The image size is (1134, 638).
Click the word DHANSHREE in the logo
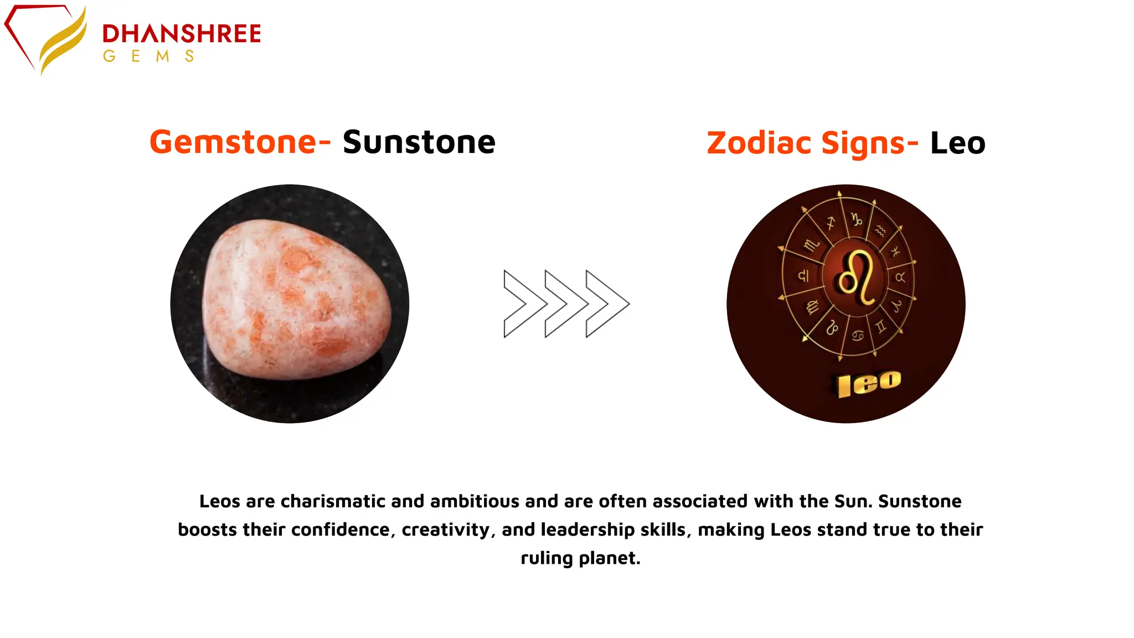(x=182, y=34)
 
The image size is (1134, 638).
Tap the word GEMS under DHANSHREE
(x=148, y=56)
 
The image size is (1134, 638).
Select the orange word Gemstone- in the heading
(x=240, y=142)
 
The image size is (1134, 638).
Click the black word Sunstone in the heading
(x=419, y=142)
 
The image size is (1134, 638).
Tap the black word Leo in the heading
(x=958, y=143)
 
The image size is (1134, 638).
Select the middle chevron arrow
(x=566, y=303)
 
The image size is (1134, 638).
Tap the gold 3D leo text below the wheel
(x=869, y=383)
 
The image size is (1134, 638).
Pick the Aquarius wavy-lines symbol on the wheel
(x=880, y=230)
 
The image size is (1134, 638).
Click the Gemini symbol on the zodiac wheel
(x=881, y=327)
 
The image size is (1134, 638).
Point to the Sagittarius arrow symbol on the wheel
(x=831, y=223)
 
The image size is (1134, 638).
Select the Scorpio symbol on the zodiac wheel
(x=811, y=245)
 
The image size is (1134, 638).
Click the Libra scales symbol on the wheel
(x=803, y=275)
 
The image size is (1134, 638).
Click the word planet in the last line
(x=609, y=558)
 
